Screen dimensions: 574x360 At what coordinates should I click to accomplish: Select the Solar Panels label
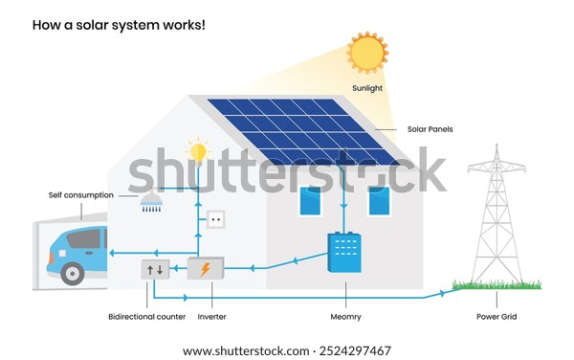430,129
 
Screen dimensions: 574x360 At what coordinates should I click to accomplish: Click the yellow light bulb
198,150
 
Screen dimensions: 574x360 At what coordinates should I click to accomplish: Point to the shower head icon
151,201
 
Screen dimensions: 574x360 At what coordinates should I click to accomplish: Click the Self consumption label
81,194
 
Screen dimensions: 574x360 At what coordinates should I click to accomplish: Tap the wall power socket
215,219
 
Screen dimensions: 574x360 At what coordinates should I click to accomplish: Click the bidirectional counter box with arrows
156,269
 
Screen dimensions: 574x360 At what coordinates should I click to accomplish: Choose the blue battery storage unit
343,253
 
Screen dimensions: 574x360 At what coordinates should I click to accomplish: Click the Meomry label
343,315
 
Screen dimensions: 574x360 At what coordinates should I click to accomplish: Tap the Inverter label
211,315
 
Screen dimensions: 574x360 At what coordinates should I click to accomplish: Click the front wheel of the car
73,273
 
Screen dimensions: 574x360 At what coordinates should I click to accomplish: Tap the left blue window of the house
310,201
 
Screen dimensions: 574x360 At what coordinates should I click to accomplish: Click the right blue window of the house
379,201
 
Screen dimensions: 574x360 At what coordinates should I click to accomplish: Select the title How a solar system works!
119,23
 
